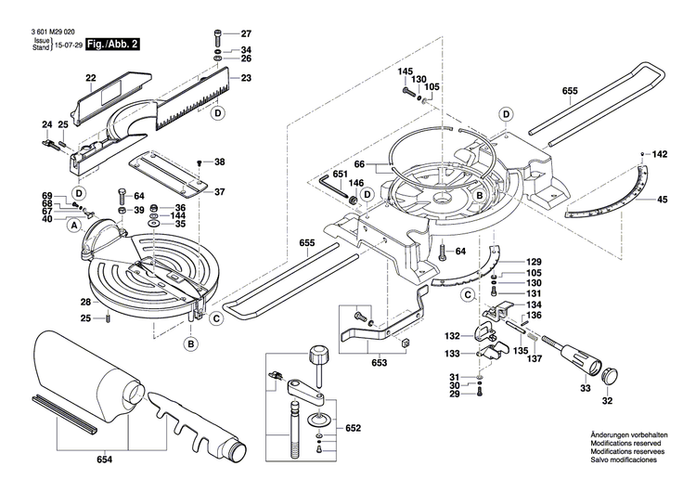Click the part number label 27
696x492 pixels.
click(246, 32)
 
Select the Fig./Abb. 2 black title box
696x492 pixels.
click(114, 45)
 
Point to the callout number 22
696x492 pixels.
click(92, 77)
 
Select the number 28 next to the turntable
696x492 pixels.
click(84, 303)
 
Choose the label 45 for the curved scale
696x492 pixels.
click(662, 200)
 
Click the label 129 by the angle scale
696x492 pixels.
click(534, 262)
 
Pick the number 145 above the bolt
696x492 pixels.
click(406, 71)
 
